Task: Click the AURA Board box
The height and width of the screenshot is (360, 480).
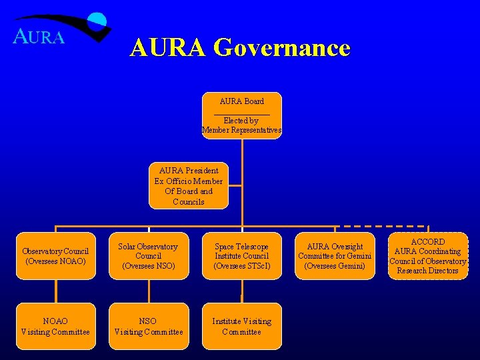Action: (241, 115)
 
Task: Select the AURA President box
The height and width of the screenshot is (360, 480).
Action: (189, 185)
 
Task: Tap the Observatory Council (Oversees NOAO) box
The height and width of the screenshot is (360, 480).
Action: (55, 256)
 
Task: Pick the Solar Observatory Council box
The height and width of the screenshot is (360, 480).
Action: (149, 256)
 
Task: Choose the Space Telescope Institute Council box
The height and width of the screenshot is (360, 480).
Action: (241, 256)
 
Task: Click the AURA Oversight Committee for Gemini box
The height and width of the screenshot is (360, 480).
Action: (335, 256)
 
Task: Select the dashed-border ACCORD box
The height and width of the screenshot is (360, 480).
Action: (427, 256)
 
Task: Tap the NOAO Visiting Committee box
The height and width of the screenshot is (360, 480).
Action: (55, 326)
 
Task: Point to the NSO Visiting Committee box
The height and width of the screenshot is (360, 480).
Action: (149, 326)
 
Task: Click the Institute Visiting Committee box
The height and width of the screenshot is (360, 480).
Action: (241, 326)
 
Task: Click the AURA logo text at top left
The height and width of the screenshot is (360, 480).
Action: (39, 37)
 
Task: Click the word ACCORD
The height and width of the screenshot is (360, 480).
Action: (427, 242)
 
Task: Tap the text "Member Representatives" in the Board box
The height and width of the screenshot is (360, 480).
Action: (241, 130)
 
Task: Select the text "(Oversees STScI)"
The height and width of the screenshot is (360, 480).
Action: (241, 266)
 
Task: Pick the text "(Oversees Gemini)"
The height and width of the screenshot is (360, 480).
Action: (335, 266)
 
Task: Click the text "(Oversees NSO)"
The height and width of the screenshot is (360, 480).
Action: (149, 266)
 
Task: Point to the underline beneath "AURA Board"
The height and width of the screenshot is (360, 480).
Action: (241, 112)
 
